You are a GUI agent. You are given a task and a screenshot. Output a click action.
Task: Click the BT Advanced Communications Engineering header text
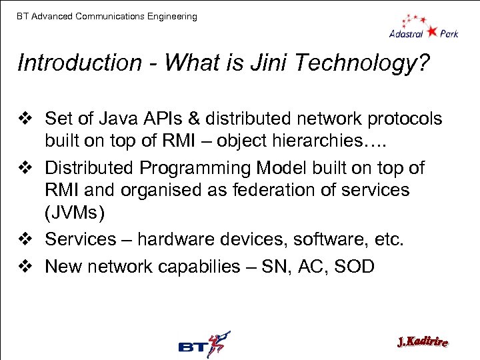point(107,16)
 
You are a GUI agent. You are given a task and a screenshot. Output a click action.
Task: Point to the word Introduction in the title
point(79,63)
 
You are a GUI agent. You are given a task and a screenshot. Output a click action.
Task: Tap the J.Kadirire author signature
point(422,343)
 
